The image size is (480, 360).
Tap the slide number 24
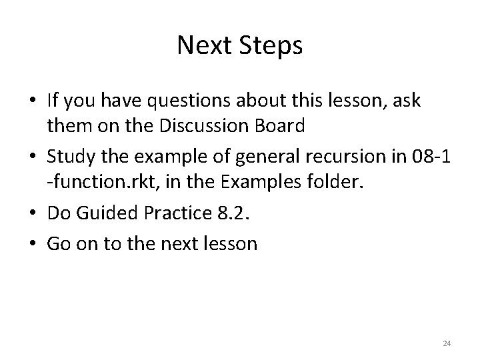447,343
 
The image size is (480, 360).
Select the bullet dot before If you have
33,101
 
